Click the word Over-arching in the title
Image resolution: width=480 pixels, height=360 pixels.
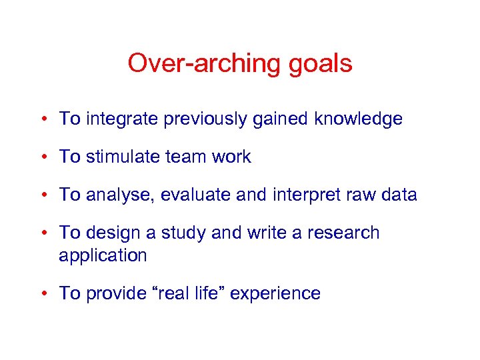pyautogui.click(x=198, y=64)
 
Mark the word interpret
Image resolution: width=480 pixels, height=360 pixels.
pyautogui.click(x=311, y=195)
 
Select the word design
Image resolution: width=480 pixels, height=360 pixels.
pyautogui.click(x=111, y=233)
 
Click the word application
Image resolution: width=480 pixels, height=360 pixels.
pyautogui.click(x=103, y=255)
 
